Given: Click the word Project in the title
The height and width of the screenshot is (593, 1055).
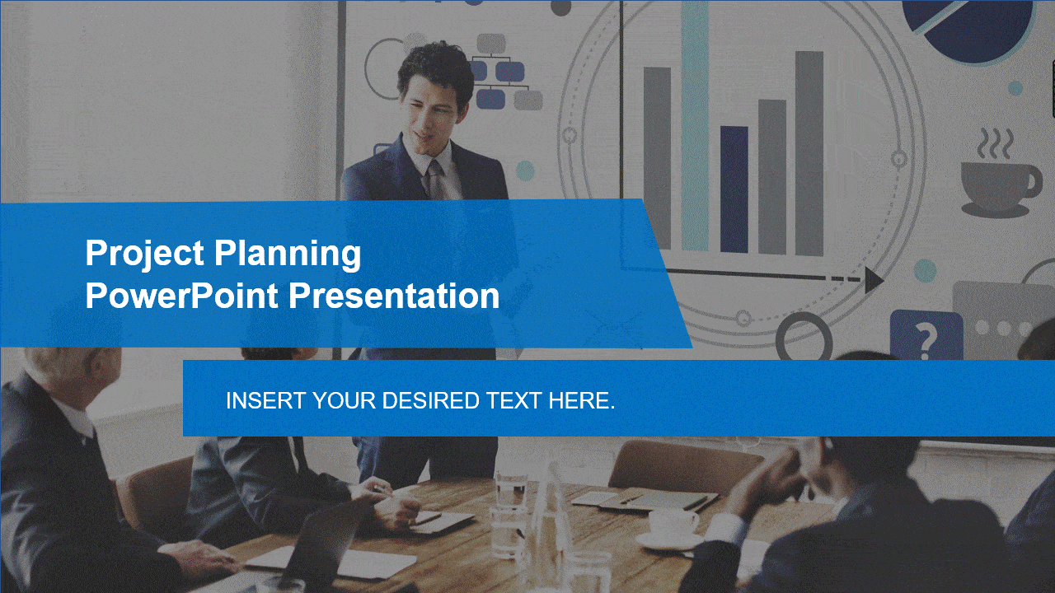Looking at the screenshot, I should click(x=145, y=254).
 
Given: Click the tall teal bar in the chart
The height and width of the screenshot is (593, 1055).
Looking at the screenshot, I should click(x=695, y=124).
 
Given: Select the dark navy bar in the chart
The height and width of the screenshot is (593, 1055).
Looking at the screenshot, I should click(x=734, y=189).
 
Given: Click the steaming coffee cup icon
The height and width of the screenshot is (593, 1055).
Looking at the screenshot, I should click(x=997, y=177).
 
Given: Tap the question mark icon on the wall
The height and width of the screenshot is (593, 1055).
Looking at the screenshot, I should click(x=926, y=336).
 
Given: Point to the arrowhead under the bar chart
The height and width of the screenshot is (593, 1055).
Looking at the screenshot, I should click(x=874, y=280).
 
